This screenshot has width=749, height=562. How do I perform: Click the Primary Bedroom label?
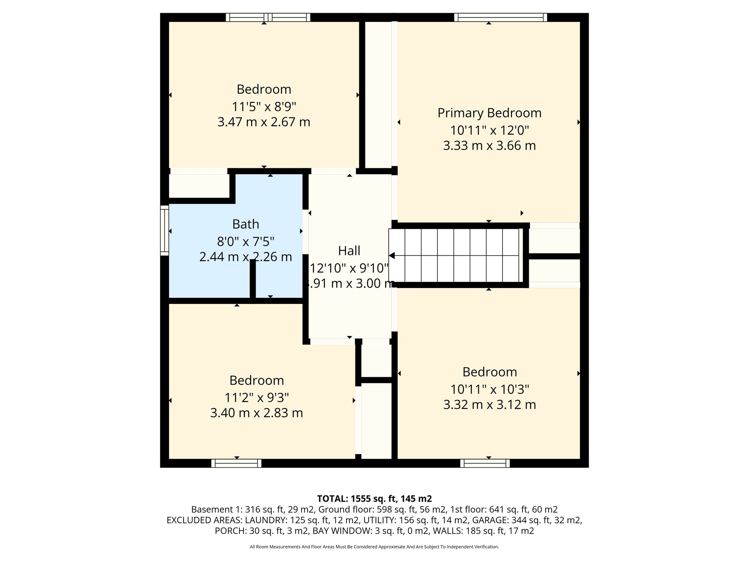(x=489, y=113)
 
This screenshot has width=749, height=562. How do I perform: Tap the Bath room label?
(x=246, y=224)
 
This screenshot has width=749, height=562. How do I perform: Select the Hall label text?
(x=349, y=251)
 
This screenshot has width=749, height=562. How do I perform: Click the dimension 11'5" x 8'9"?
(x=264, y=107)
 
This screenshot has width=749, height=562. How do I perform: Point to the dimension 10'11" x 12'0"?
(x=489, y=130)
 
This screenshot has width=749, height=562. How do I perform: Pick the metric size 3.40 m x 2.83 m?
(x=256, y=413)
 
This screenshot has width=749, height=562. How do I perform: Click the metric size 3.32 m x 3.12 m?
(x=489, y=405)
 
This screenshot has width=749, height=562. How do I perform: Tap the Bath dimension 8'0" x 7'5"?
(x=246, y=241)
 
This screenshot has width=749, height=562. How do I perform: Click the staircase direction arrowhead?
(x=392, y=255)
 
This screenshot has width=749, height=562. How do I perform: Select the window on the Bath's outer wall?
(x=165, y=230)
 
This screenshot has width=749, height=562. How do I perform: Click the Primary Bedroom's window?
(x=501, y=17)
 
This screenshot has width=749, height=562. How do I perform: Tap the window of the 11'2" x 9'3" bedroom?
(x=236, y=463)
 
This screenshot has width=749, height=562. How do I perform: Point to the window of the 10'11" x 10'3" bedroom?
(x=485, y=463)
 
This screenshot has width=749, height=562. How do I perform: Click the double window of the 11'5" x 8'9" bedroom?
(x=268, y=17)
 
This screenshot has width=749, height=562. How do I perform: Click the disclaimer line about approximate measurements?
(x=374, y=547)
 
